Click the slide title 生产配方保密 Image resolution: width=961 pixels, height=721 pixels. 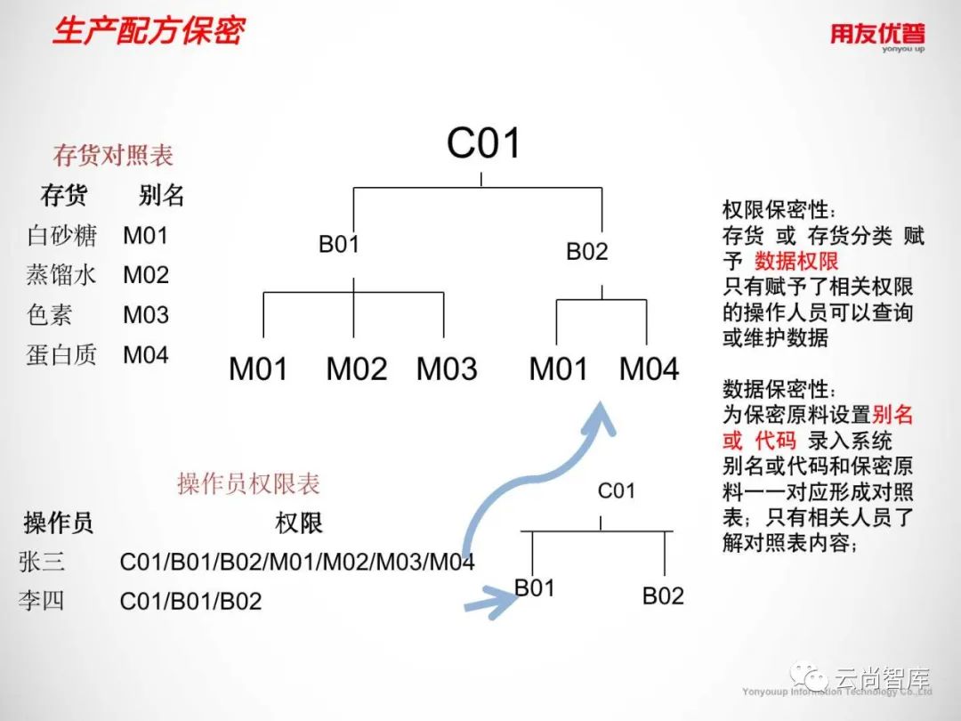(149, 31)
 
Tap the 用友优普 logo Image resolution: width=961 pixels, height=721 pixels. (877, 36)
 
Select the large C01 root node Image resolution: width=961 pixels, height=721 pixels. (483, 142)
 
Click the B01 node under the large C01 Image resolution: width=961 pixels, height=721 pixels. (339, 244)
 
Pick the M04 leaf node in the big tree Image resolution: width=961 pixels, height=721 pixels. (650, 369)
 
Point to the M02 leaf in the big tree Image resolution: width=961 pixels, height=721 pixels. (357, 369)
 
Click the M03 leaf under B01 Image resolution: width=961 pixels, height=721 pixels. (447, 369)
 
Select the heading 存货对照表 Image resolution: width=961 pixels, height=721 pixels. (113, 156)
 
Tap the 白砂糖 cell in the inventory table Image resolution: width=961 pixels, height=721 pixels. (62, 236)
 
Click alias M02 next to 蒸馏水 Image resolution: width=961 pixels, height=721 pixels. (146, 275)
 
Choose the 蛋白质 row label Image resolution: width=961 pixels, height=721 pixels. (62, 355)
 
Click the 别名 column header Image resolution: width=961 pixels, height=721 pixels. (162, 196)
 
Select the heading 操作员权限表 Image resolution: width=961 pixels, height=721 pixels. (248, 484)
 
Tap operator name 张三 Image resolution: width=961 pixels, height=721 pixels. (42, 562)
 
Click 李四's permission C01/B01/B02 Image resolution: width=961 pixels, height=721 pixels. (191, 602)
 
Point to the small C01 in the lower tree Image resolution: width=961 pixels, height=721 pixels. (617, 490)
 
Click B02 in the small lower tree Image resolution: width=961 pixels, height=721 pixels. (663, 595)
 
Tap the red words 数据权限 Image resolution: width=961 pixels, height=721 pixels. (796, 262)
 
